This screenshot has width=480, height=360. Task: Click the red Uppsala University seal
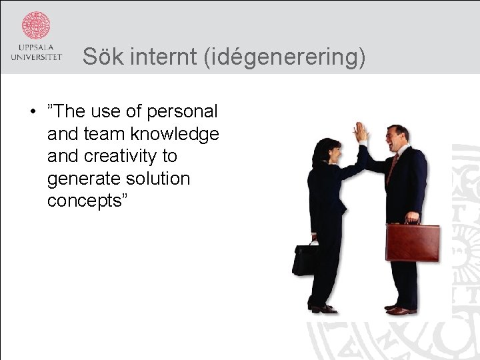[36, 25]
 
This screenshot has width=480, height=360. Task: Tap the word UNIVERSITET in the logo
[36, 57]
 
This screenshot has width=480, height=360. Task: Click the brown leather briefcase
[413, 243]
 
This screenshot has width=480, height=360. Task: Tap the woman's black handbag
[305, 260]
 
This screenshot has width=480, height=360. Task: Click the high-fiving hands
[361, 133]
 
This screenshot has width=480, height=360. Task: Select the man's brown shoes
[401, 309]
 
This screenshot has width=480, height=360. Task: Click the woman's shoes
[323, 307]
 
